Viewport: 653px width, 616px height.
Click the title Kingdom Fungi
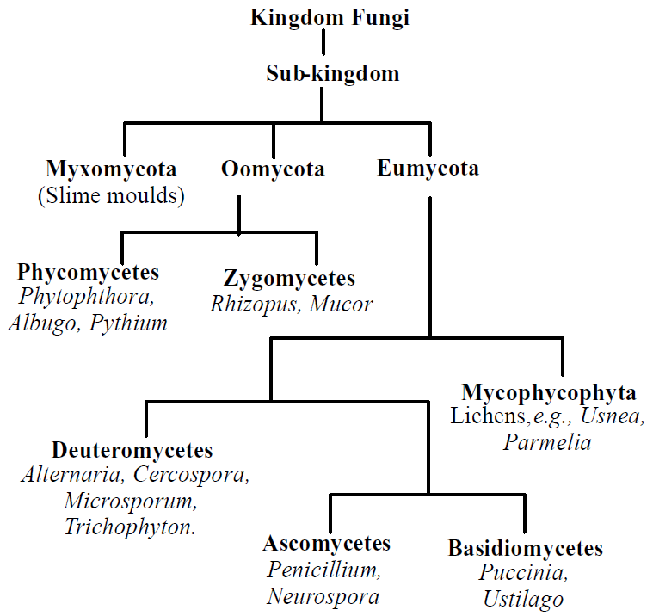tap(330, 16)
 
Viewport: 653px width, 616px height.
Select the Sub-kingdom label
tap(332, 73)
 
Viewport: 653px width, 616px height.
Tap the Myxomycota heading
tap(111, 169)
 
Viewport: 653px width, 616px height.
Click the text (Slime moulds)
tap(111, 195)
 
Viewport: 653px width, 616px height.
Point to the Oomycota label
tap(273, 169)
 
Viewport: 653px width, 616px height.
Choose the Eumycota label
tap(428, 168)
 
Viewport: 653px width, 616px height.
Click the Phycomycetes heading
tap(89, 273)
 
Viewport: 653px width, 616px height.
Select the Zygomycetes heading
tap(289, 278)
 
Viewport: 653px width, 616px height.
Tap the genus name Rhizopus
tap(247, 304)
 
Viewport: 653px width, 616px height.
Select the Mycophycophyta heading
tap(549, 392)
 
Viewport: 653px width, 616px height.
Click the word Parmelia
tap(547, 443)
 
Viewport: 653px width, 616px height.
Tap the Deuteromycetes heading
tap(132, 450)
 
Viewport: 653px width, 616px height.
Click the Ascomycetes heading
tap(327, 544)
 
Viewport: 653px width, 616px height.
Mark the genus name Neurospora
tap(323, 595)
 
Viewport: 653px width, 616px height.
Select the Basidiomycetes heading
tap(525, 548)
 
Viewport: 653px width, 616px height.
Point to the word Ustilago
tap(523, 600)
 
